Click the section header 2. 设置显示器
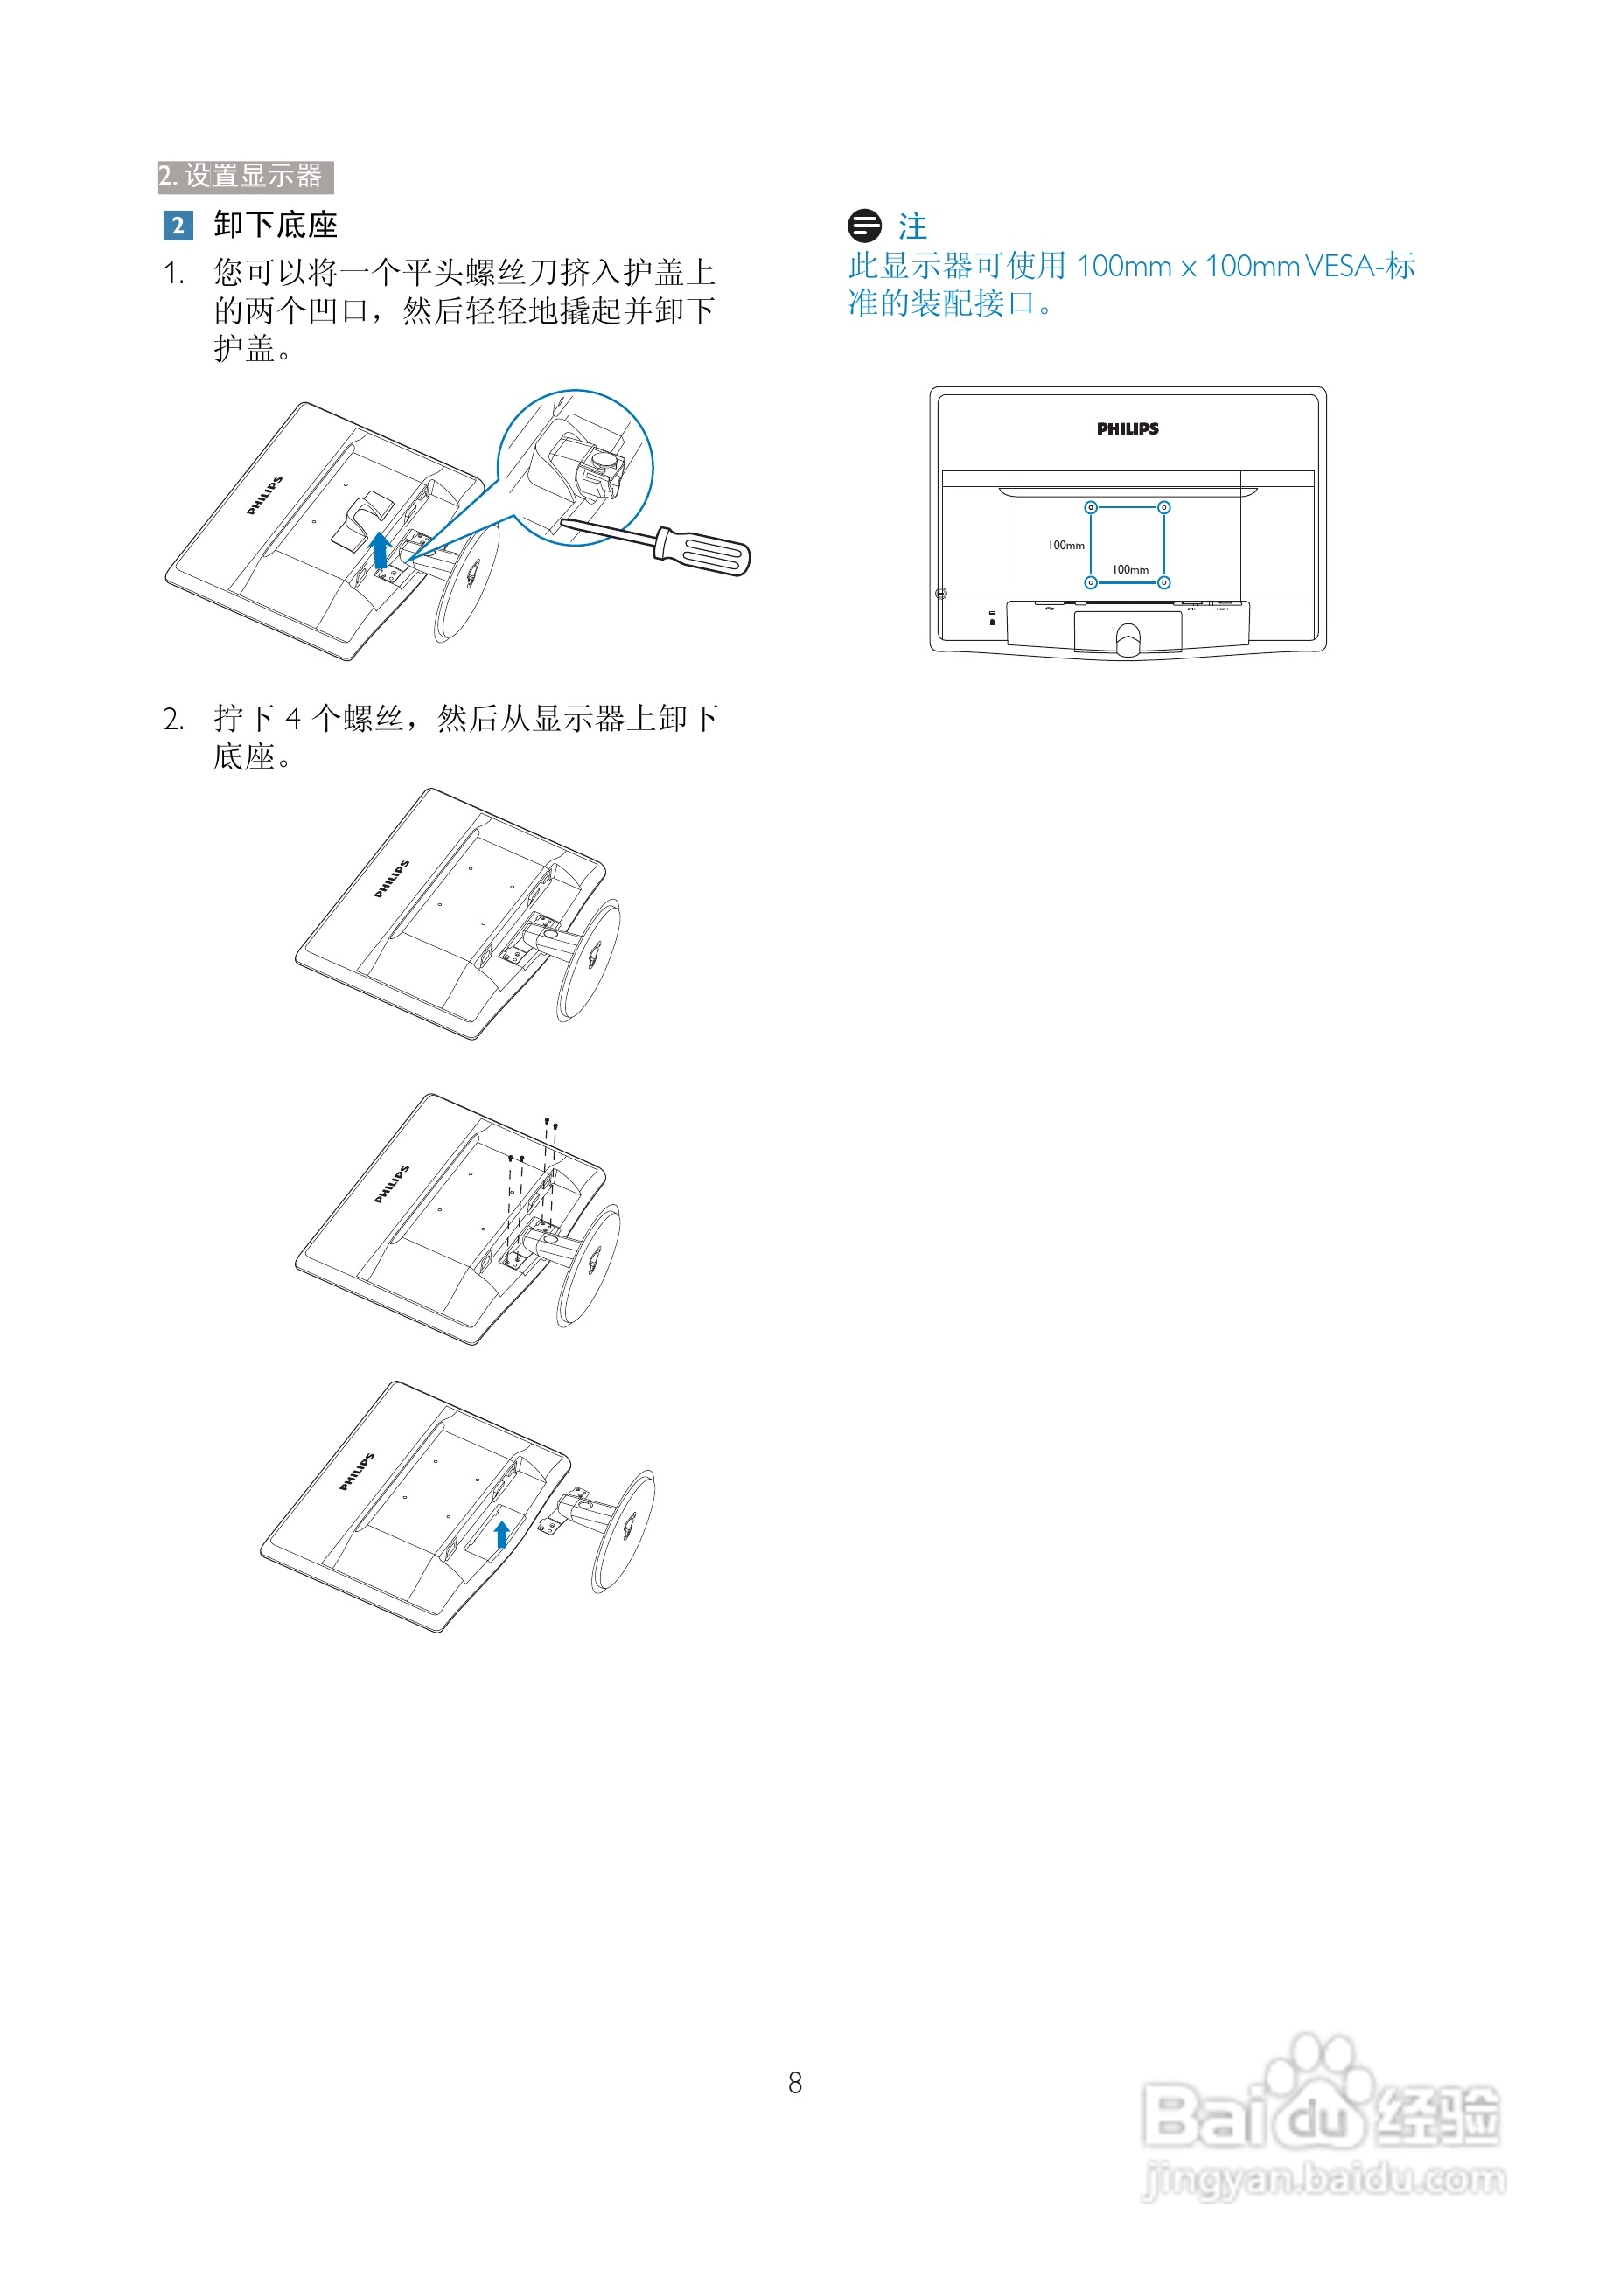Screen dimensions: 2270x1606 pyautogui.click(x=244, y=176)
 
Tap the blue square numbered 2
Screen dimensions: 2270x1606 pyautogui.click(x=178, y=226)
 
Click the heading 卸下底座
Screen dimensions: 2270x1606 pyautogui.click(x=275, y=226)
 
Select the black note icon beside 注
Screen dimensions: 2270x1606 pyautogui.click(x=864, y=226)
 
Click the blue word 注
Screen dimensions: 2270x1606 pyautogui.click(x=912, y=226)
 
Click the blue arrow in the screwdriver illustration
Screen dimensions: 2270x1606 pyautogui.click(x=380, y=549)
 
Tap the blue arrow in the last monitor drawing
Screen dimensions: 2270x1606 pyautogui.click(x=501, y=1534)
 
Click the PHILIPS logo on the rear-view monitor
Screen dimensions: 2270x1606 pyautogui.click(x=1128, y=429)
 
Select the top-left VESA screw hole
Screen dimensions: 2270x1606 pyautogui.click(x=1091, y=507)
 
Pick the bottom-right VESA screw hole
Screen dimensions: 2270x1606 pyautogui.click(x=1164, y=582)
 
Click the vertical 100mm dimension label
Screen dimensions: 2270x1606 pyautogui.click(x=1066, y=545)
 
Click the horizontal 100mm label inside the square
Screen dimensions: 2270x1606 pyautogui.click(x=1130, y=569)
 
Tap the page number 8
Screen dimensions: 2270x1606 pyautogui.click(x=795, y=2083)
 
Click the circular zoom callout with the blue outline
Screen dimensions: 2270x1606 pyautogui.click(x=575, y=468)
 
